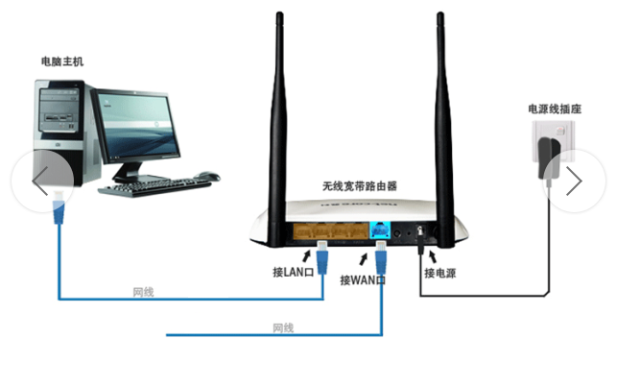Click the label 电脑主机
62,61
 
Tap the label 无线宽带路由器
360,186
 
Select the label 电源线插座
555,109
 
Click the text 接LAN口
294,272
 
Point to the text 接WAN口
363,279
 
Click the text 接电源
439,273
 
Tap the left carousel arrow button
42,181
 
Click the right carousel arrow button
574,181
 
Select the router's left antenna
277,130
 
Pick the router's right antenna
444,130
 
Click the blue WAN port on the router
380,230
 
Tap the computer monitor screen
138,125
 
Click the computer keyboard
155,187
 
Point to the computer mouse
207,176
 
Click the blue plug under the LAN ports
322,257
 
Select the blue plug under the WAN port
381,257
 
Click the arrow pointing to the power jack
432,256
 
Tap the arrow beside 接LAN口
306,256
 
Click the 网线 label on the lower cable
283,327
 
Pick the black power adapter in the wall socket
549,158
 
